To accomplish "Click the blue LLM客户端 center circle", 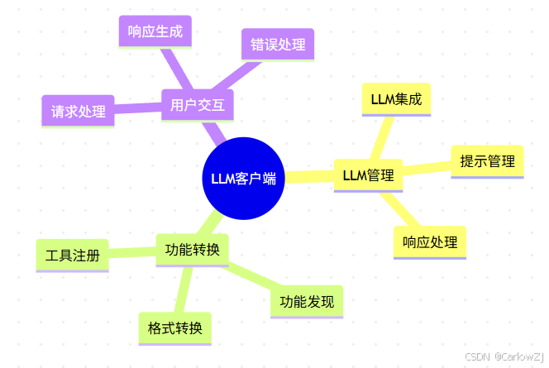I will [x=243, y=178].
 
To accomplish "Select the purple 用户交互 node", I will [x=198, y=105].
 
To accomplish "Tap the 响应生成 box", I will [x=155, y=32].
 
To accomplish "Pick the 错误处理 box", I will [x=279, y=45].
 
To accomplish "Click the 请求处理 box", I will [x=78, y=111].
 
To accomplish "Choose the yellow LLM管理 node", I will [x=368, y=175].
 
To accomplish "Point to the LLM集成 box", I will [x=396, y=99].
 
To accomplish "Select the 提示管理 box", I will [x=487, y=161].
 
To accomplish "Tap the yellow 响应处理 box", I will [x=429, y=242].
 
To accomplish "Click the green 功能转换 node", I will [x=192, y=251].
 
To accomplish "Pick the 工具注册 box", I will [x=73, y=256].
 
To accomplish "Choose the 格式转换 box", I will [x=174, y=327].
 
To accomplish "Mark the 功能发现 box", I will [x=307, y=301].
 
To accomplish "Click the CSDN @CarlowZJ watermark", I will [x=504, y=356].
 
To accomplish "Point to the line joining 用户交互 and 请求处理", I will [x=137, y=108].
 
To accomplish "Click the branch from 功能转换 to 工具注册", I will [x=132, y=253].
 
